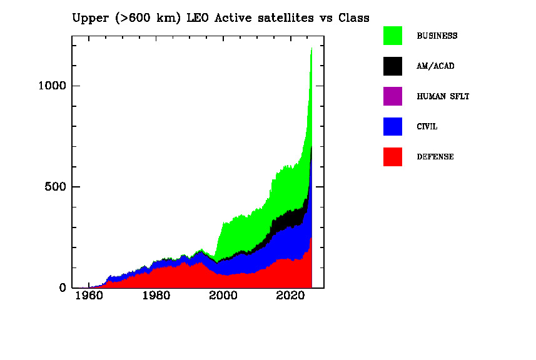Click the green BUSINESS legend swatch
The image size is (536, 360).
tap(393, 36)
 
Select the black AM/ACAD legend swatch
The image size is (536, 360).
tap(393, 66)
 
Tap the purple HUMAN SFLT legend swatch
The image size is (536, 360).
tap(393, 96)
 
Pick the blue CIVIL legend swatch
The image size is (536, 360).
tap(393, 126)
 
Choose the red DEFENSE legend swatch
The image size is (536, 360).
tap(393, 157)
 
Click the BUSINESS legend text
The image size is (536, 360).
tap(437, 36)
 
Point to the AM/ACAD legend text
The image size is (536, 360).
tap(435, 66)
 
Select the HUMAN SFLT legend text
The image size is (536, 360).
tap(443, 97)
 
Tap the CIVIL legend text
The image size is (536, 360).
tap(427, 127)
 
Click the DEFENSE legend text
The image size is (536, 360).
tap(435, 157)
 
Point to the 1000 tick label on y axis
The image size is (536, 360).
tap(51, 86)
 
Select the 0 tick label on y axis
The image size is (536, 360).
tap(62, 288)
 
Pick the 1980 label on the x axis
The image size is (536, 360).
tap(156, 295)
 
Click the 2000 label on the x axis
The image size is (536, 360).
tap(224, 295)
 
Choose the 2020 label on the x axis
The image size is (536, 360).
tap(291, 295)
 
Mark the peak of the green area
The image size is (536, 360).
tap(311, 47)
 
